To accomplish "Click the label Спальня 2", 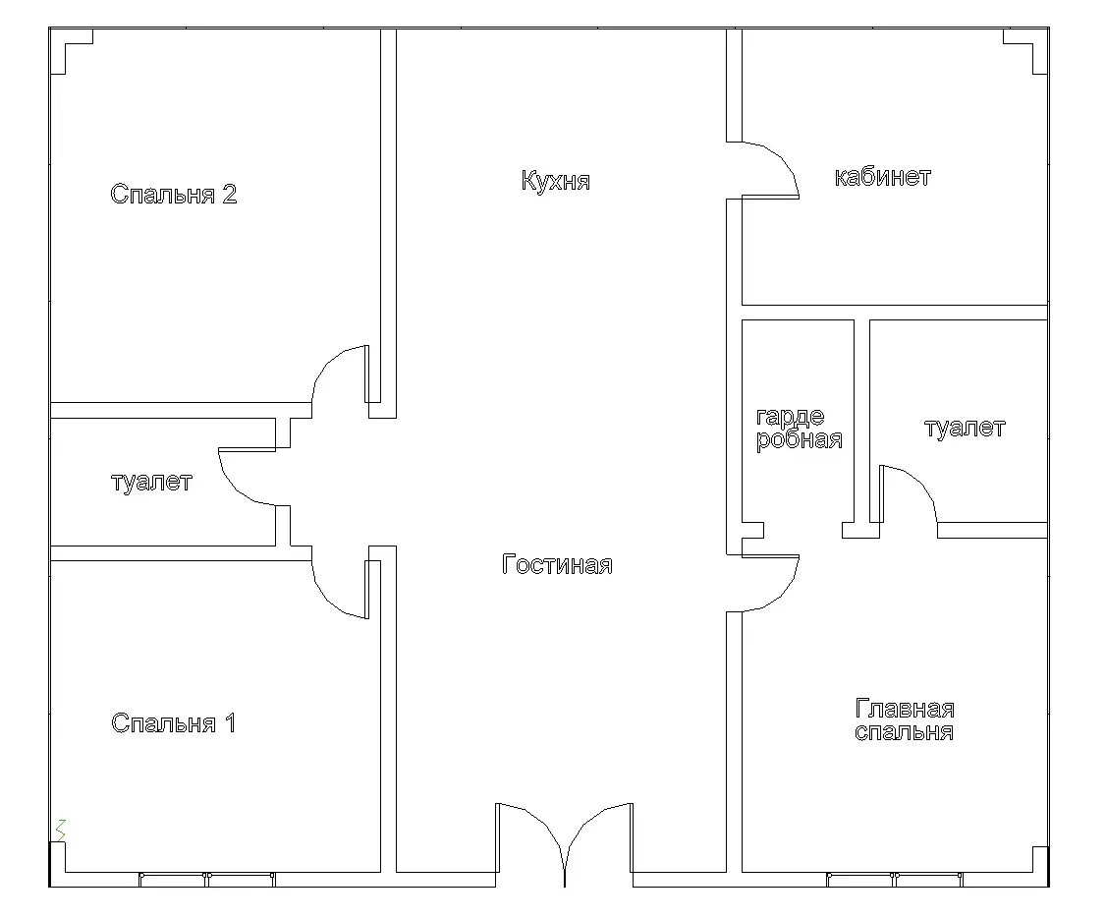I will pyautogui.click(x=174, y=194).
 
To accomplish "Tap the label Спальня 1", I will pyautogui.click(x=174, y=723).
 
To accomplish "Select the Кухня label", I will pyautogui.click(x=556, y=181).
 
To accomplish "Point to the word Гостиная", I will pyautogui.click(x=557, y=565).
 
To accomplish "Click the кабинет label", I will pyautogui.click(x=882, y=178).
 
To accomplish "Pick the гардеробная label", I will pyautogui.click(x=799, y=428).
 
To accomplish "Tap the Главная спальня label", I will pyautogui.click(x=905, y=720).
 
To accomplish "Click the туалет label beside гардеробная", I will pyautogui.click(x=965, y=428).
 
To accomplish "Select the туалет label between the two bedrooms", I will pyautogui.click(x=151, y=483).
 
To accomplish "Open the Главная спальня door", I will pyautogui.click(x=771, y=582).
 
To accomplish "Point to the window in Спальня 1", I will pyautogui.click(x=207, y=879).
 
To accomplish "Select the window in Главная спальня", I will pyautogui.click(x=895, y=879).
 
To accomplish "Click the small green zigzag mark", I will pyautogui.click(x=61, y=829).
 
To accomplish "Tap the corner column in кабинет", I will pyautogui.click(x=1027, y=49).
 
